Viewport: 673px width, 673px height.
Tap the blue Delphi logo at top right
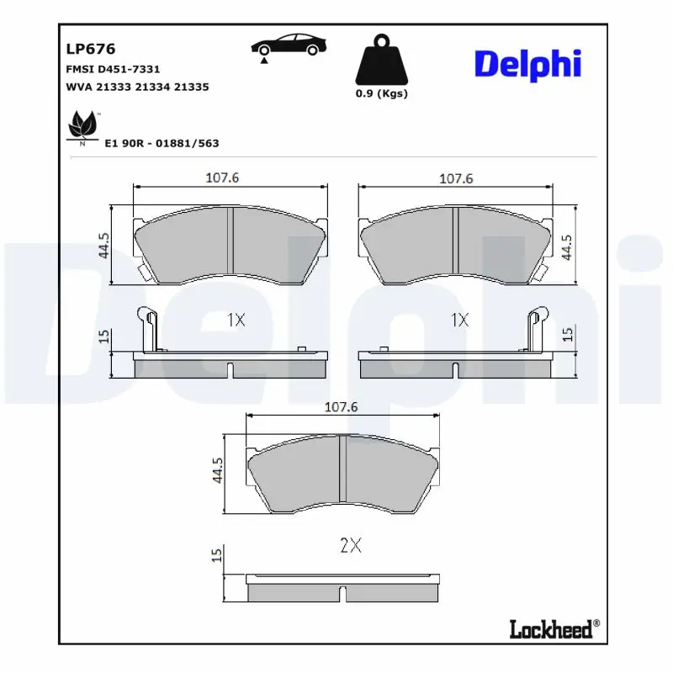(x=527, y=64)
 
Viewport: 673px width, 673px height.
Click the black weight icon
(x=381, y=60)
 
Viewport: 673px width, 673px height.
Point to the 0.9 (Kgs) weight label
(x=381, y=93)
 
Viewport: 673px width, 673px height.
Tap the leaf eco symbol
(x=82, y=127)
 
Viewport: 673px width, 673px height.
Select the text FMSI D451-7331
(x=112, y=69)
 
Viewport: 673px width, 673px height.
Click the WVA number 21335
(x=191, y=87)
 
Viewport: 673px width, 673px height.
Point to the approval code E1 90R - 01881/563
(x=162, y=143)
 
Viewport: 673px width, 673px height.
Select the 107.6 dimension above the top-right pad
(x=456, y=178)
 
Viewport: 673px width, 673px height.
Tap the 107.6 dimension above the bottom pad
(x=342, y=406)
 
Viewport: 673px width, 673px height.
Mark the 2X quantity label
(x=350, y=545)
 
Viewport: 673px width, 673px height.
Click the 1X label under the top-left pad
(x=236, y=320)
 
